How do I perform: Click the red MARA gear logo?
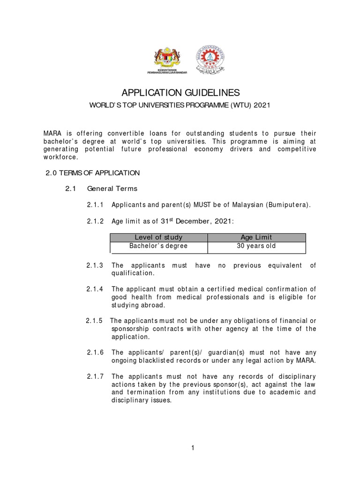coord(210,58)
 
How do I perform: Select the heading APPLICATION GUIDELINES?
coord(180,92)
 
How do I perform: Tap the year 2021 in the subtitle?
coord(261,105)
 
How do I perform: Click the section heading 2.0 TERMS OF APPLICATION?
coord(92,173)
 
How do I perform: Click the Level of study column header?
coord(158,237)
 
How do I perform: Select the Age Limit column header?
coord(255,237)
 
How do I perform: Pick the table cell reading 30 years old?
coord(256,246)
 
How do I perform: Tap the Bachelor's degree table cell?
coord(158,246)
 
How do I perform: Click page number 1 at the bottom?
coord(192,449)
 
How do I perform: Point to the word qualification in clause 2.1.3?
coord(132,273)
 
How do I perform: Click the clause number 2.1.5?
coord(95,321)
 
